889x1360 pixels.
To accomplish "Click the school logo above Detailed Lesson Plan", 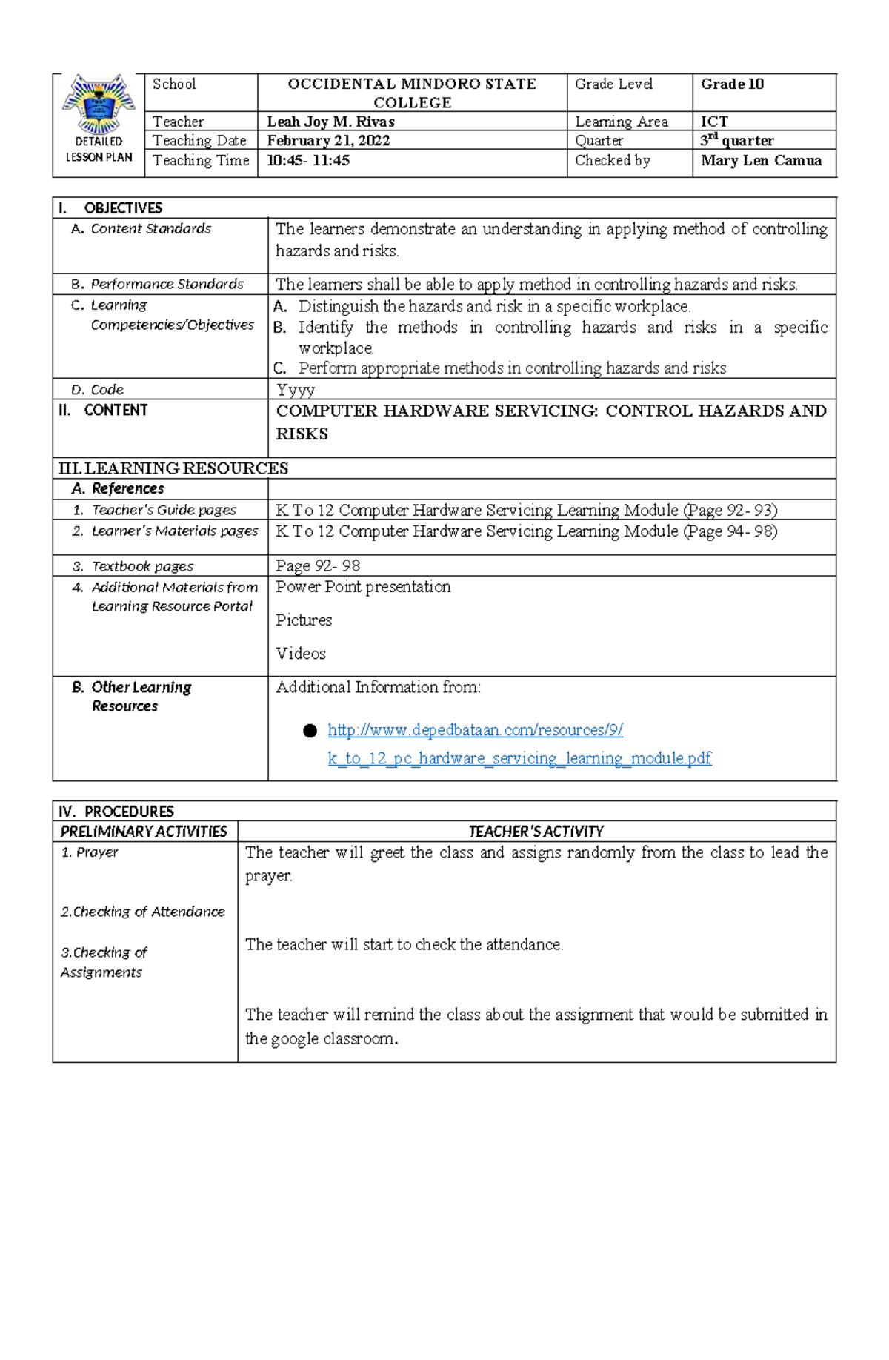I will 99,105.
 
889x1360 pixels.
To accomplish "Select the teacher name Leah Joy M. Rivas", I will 330,122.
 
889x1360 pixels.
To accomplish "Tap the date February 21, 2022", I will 328,141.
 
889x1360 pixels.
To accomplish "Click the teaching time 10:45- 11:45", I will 308,161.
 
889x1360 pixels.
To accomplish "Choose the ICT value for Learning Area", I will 714,122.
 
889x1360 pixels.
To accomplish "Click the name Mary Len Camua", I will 761,161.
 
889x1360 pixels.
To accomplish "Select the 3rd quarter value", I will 736,140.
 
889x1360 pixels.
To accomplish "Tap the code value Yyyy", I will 295,390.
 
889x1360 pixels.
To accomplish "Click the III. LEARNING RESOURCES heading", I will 173,468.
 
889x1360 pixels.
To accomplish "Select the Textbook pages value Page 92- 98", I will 318,566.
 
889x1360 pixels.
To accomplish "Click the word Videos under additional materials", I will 301,654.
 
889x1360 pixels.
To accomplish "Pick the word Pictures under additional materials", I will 304,620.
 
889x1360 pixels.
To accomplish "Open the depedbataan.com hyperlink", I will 475,731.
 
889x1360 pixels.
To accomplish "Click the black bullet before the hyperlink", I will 310,732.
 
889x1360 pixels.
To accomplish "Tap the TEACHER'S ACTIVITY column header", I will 536,832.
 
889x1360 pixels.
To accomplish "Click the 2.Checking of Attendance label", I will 142,912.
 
